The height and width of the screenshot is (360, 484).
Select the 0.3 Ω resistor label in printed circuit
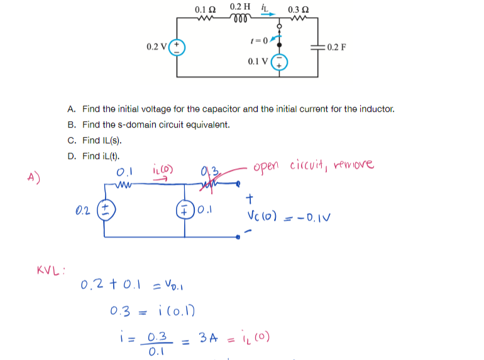297,10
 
